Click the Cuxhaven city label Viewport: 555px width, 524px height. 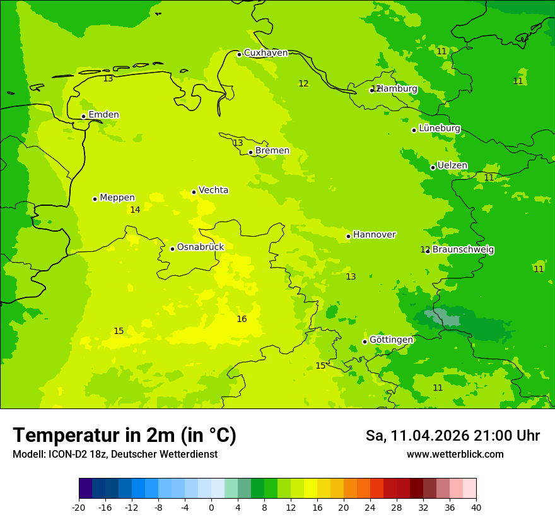pyautogui.click(x=266, y=53)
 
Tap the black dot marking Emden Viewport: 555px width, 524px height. pyautogui.click(x=83, y=116)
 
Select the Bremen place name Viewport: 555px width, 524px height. pyautogui.click(x=272, y=151)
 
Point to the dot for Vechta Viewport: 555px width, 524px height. pyautogui.click(x=194, y=192)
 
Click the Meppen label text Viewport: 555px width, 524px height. pyautogui.click(x=117, y=198)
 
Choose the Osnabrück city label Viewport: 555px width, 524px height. pyautogui.click(x=201, y=247)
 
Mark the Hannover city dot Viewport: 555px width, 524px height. pyautogui.click(x=348, y=237)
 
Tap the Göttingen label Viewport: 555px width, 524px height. pyautogui.click(x=391, y=340)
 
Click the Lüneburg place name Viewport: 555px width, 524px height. pyautogui.click(x=440, y=128)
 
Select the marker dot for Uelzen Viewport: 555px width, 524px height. pyautogui.click(x=433, y=167)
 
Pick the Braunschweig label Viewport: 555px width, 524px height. pyautogui.click(x=463, y=250)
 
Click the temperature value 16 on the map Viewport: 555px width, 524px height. pyautogui.click(x=242, y=319)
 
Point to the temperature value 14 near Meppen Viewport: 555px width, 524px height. pyautogui.click(x=135, y=210)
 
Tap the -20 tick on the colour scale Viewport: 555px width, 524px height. pyautogui.click(x=79, y=508)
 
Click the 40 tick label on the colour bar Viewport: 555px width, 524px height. pyautogui.click(x=476, y=508)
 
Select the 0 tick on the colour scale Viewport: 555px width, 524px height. pyautogui.click(x=211, y=508)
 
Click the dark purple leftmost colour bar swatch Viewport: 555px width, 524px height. pyautogui.click(x=85, y=489)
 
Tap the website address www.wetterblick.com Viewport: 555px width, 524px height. pyautogui.click(x=455, y=455)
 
